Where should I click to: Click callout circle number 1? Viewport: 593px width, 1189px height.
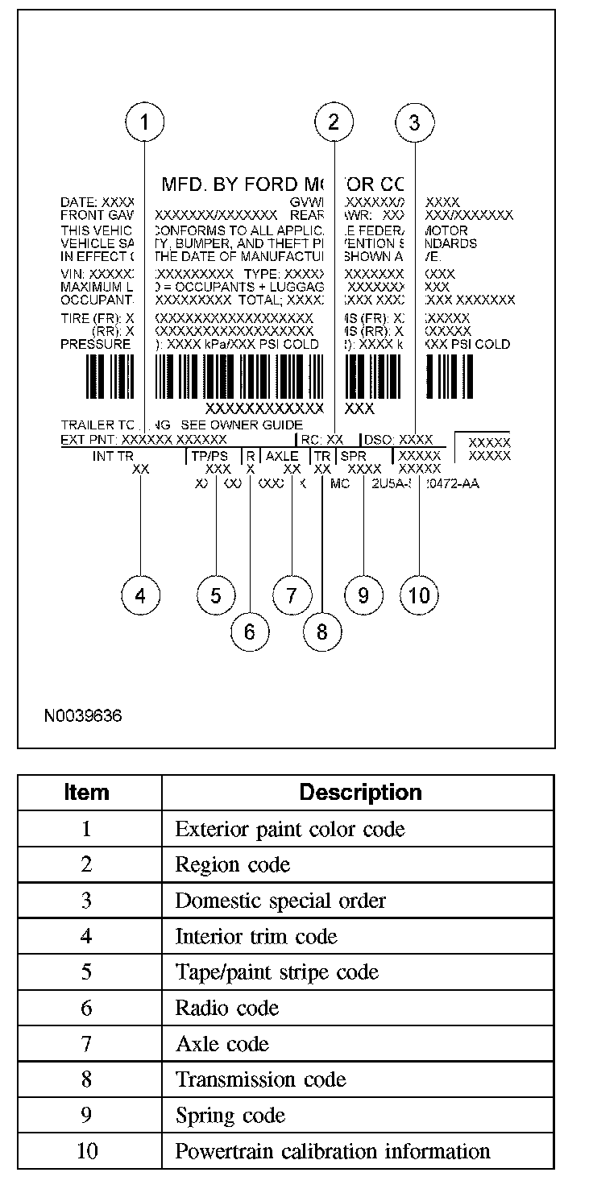(x=145, y=122)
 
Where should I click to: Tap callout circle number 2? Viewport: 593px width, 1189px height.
(x=334, y=122)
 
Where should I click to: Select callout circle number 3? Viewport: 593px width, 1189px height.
(x=415, y=122)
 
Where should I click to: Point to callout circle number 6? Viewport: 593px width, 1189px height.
(x=249, y=632)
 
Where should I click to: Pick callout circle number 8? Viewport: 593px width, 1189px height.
(x=322, y=632)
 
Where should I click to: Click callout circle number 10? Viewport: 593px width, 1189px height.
(x=419, y=595)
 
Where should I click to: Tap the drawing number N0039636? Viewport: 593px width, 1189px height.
(x=84, y=715)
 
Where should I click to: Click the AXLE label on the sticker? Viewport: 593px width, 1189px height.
(x=282, y=456)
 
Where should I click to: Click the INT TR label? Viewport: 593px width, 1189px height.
(x=112, y=456)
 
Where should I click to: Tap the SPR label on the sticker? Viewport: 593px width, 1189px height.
(x=353, y=456)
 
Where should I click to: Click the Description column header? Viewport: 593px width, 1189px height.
(x=360, y=793)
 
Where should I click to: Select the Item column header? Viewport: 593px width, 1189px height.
(x=86, y=793)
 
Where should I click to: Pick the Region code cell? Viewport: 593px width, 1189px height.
(x=233, y=864)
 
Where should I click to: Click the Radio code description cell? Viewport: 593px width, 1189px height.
(x=227, y=1008)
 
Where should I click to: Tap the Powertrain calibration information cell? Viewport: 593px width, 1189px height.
(x=333, y=1151)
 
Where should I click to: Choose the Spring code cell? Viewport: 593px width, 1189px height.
(x=230, y=1116)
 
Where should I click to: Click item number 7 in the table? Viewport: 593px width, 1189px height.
(x=86, y=1044)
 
